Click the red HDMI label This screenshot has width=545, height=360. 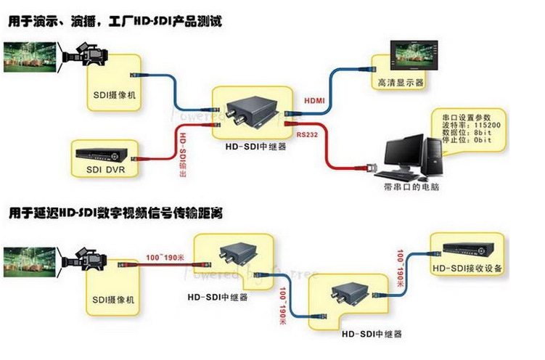click(x=314, y=100)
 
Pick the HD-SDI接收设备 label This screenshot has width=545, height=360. click(x=468, y=269)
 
